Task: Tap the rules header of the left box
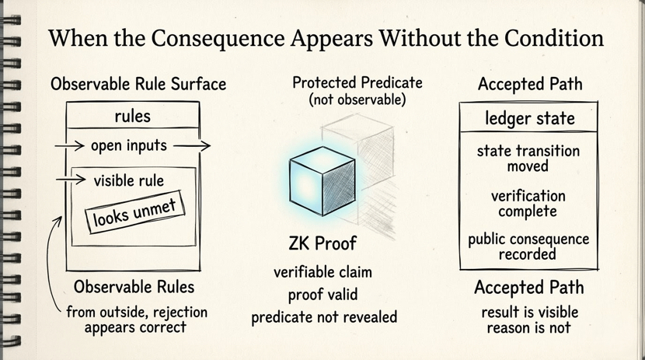point(131,117)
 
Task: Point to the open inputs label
point(129,145)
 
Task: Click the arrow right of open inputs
point(198,145)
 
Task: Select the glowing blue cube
point(321,177)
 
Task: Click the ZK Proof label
point(322,243)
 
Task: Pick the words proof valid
point(323,295)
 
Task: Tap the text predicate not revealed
point(323,316)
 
